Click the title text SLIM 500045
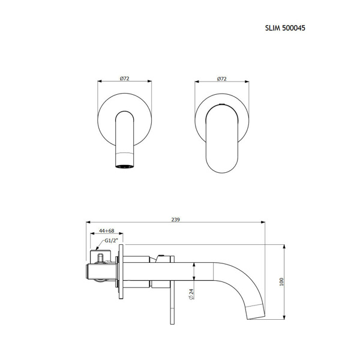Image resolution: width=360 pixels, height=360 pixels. pos(285,28)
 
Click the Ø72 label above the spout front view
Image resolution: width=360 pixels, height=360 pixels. pos(124,79)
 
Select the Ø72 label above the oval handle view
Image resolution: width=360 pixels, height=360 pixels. pos(222,79)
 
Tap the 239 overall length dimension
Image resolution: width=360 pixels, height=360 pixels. pos(176,220)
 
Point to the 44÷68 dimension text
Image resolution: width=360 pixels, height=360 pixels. pos(106,230)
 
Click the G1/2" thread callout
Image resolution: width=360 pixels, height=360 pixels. pos(111,241)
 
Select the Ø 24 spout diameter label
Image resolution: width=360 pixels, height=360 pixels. pos(191,294)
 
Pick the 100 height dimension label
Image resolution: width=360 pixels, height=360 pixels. pos(282,282)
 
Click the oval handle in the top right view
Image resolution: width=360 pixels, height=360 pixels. pos(222,139)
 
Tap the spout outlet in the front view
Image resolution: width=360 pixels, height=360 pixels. pos(124,167)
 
